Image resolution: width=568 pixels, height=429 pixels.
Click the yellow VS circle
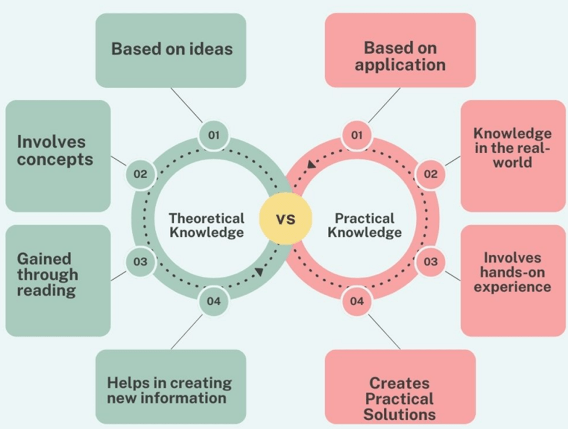point(286,219)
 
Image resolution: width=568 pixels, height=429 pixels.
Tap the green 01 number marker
point(214,135)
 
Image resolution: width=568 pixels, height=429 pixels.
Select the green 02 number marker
point(140,174)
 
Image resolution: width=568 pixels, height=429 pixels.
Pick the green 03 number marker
point(140,261)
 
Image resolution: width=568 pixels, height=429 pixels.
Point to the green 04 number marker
point(214,301)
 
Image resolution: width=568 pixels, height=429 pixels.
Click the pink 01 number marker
point(357,135)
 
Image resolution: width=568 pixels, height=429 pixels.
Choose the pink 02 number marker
point(430,174)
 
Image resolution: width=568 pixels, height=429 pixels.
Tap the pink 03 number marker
point(430,261)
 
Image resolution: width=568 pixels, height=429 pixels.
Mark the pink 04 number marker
point(357,301)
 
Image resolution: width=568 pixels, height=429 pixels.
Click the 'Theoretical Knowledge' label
point(206,225)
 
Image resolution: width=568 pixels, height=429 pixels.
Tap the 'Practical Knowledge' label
point(364,225)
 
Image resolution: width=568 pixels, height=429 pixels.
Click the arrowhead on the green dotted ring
point(259,272)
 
